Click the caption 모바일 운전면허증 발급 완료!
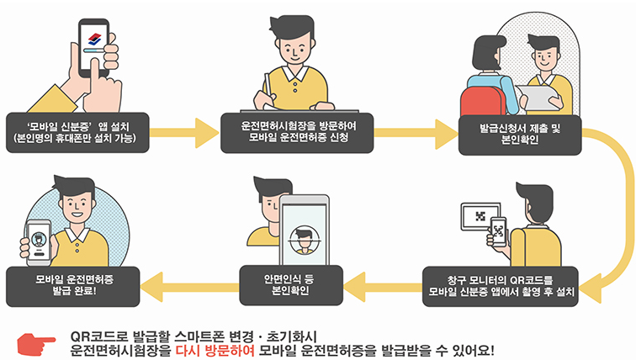[77, 283]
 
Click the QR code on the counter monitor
[480, 217]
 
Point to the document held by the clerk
[538, 98]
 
